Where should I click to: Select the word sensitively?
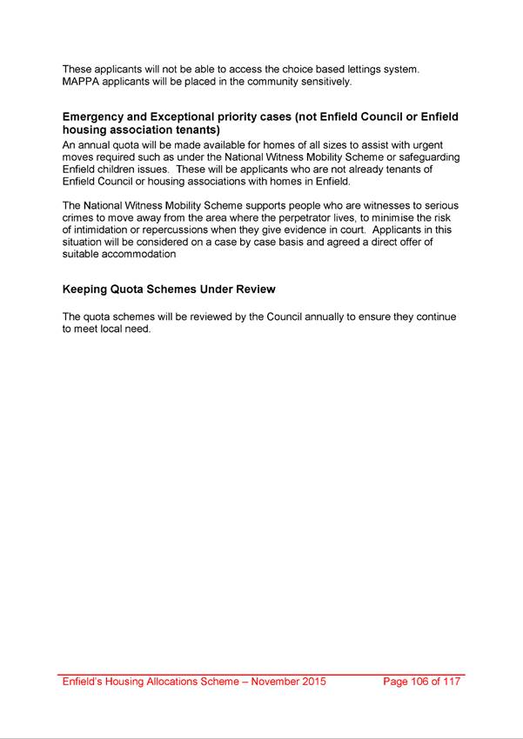click(322, 82)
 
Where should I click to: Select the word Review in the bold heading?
click(255, 289)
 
